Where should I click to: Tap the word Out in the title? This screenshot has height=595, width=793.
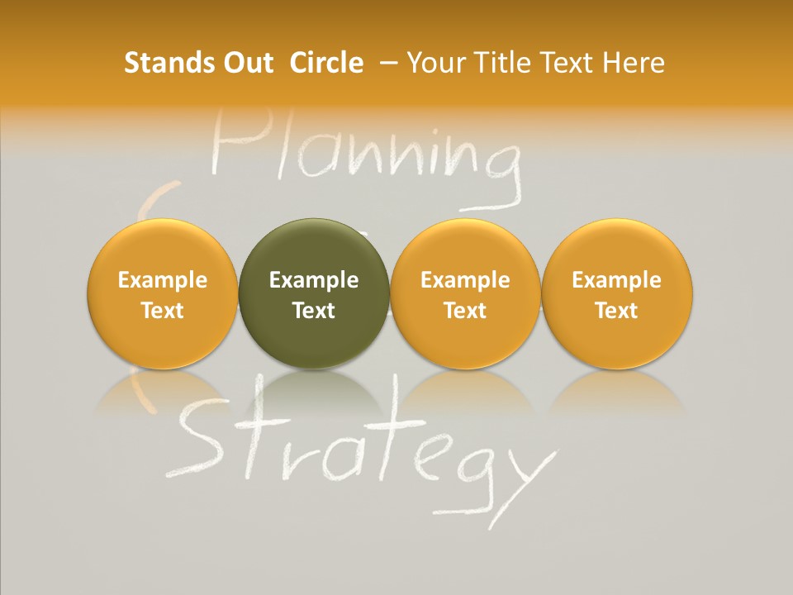[246, 63]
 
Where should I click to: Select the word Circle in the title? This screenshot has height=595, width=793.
[326, 63]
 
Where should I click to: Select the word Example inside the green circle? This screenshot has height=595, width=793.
[314, 280]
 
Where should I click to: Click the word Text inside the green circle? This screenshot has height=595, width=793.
[314, 311]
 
